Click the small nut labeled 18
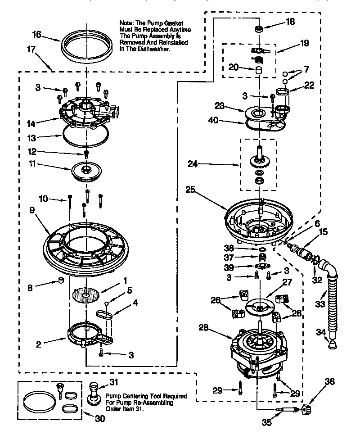[x=259, y=29]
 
